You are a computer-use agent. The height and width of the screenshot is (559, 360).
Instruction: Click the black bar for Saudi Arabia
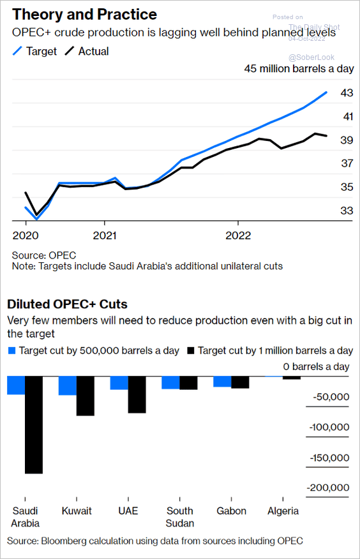[x=34, y=424]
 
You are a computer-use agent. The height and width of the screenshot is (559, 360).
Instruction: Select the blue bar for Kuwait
[x=68, y=385]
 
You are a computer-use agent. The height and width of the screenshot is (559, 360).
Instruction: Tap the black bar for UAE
[x=137, y=394]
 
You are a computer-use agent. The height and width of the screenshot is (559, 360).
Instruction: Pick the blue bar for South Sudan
[x=170, y=382]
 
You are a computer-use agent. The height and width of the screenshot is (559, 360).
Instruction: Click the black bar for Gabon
[x=240, y=382]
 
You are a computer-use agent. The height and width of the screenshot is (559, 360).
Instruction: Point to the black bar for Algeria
[x=292, y=378]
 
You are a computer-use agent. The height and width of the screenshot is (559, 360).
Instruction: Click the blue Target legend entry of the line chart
[x=34, y=51]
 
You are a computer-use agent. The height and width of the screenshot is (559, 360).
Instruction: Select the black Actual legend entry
[x=87, y=51]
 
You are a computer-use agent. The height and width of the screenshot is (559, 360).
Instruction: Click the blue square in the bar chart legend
[x=12, y=351]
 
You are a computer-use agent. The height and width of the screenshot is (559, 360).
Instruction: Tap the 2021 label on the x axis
[x=105, y=235]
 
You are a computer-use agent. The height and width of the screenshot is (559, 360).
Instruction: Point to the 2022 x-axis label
[x=238, y=235]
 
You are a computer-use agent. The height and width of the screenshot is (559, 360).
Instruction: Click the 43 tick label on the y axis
[x=347, y=93]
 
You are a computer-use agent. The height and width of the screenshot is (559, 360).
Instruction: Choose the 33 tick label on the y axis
[x=347, y=211]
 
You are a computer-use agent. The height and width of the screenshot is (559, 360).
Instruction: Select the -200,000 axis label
[x=328, y=488]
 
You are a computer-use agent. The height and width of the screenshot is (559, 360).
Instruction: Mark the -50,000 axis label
[x=331, y=397]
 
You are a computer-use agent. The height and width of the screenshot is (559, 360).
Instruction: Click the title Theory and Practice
[x=84, y=15]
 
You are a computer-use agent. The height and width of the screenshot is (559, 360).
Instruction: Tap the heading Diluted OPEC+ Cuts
[x=68, y=304]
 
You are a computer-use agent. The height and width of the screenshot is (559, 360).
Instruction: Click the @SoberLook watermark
[x=311, y=57]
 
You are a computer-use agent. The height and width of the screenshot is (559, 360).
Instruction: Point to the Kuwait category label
[x=77, y=511]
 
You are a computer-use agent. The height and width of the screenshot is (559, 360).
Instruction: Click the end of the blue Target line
[x=327, y=93]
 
